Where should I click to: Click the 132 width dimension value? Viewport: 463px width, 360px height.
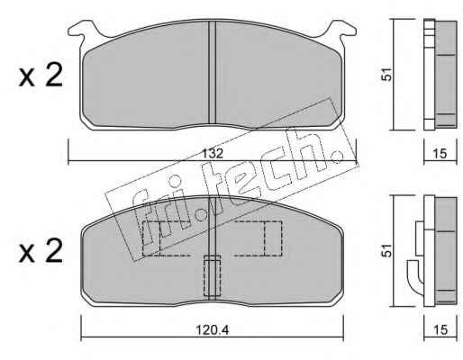point(213,154)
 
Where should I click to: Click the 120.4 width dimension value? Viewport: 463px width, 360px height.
point(213,330)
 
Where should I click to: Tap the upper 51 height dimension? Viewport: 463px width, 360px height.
point(387,74)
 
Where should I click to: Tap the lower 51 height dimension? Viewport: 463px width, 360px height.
point(387,250)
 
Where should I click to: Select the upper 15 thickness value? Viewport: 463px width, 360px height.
point(440,154)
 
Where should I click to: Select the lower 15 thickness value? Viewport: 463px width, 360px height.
point(440,330)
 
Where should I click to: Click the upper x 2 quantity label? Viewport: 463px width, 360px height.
point(41,76)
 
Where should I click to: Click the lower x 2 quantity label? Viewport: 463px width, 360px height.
point(41,252)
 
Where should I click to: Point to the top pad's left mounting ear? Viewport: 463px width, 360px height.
point(83,30)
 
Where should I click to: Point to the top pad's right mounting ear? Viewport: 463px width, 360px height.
point(341,30)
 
